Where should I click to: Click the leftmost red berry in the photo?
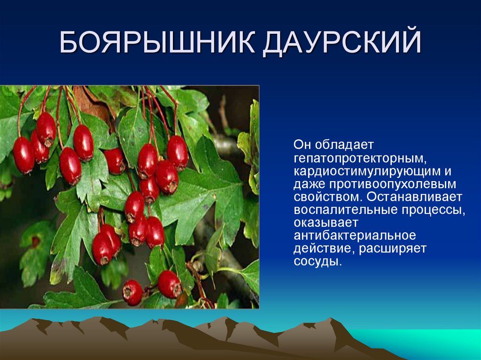click(23, 155)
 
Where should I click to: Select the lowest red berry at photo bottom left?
click(132, 292)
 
